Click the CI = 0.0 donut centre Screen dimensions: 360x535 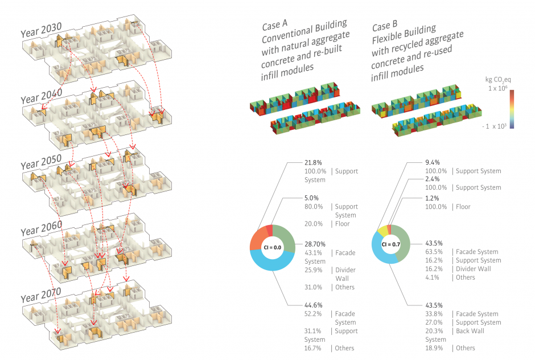click(x=272, y=247)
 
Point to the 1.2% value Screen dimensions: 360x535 click(x=433, y=198)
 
